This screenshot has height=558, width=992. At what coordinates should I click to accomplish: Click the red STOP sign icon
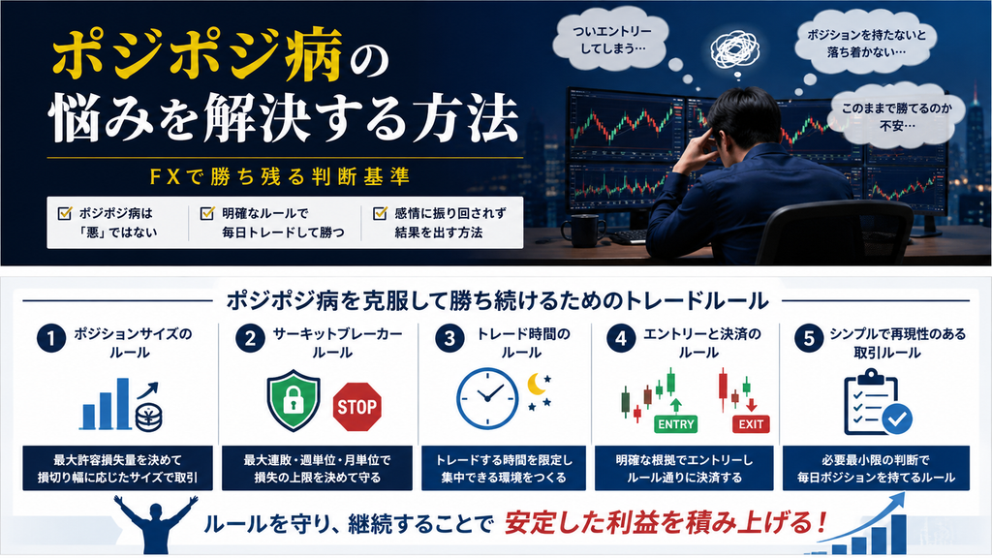(x=356, y=407)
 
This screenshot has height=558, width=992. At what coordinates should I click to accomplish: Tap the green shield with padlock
(x=293, y=400)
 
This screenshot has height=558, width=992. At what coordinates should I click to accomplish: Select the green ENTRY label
(x=675, y=424)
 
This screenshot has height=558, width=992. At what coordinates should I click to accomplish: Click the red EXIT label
(x=751, y=424)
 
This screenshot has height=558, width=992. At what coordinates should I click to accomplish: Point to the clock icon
(x=487, y=398)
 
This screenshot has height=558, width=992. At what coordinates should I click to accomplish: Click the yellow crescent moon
(x=537, y=384)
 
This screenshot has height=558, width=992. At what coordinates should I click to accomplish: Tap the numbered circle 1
(x=51, y=338)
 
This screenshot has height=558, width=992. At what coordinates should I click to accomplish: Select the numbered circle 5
(x=809, y=338)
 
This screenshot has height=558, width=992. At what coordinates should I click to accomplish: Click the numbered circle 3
(x=449, y=338)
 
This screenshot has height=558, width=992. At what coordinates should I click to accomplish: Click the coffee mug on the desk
(x=582, y=231)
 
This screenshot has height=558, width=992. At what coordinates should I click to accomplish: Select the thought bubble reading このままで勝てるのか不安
(x=896, y=117)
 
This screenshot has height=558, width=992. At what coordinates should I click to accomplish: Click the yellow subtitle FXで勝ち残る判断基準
(x=280, y=176)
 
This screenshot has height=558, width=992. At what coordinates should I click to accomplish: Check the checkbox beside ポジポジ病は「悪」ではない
(x=65, y=213)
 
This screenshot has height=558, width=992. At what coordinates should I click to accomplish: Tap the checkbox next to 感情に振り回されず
(x=380, y=213)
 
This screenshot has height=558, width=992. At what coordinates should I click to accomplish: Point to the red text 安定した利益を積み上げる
(x=666, y=523)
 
